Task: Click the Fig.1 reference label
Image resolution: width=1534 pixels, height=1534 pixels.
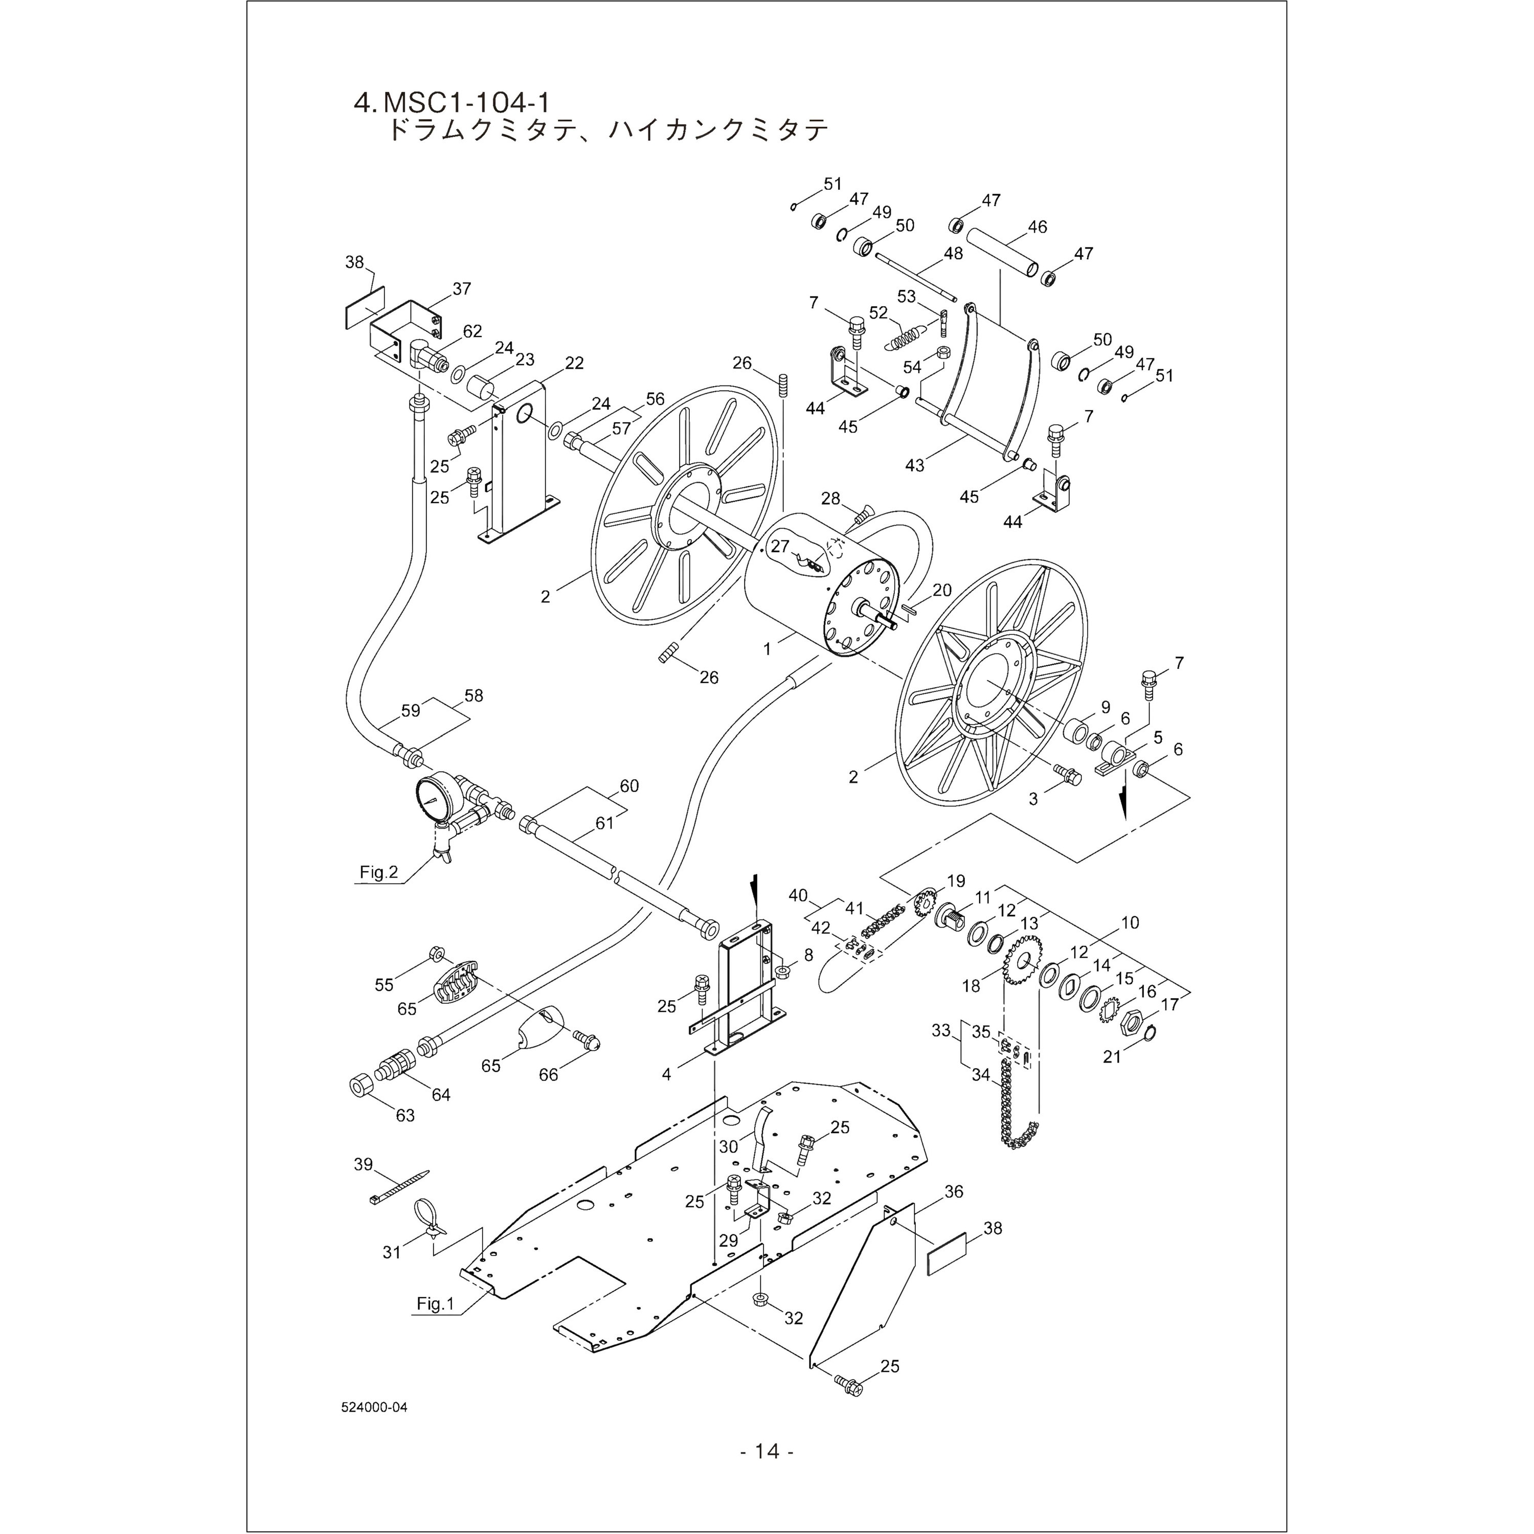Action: click(x=434, y=1304)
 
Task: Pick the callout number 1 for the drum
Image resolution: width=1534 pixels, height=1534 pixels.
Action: click(x=767, y=649)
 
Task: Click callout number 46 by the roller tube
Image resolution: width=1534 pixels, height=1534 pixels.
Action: click(x=1037, y=227)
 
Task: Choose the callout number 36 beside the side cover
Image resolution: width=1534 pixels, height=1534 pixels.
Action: click(x=954, y=1192)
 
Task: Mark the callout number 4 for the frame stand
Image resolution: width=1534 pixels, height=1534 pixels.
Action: click(x=666, y=1074)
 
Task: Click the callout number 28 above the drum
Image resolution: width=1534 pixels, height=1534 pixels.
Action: click(x=830, y=498)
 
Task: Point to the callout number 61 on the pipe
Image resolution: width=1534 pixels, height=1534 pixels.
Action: click(x=605, y=823)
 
